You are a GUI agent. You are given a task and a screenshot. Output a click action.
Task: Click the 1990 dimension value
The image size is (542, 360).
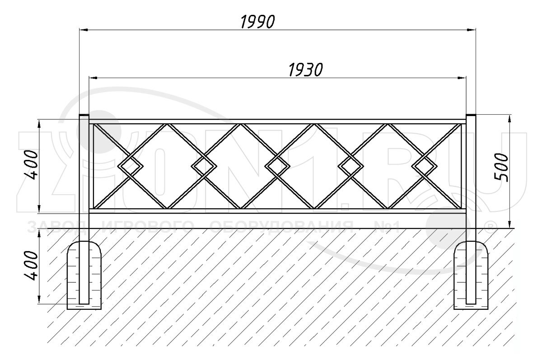pyautogui.click(x=257, y=21)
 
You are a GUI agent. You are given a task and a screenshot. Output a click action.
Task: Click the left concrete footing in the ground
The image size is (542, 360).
pyautogui.click(x=84, y=276)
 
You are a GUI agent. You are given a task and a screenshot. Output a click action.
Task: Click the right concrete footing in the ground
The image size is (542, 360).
pyautogui.click(x=471, y=276)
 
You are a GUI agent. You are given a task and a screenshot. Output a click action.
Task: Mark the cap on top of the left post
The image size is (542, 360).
pyautogui.click(x=84, y=116)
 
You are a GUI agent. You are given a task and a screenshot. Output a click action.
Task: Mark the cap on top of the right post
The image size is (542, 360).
pyautogui.click(x=471, y=116)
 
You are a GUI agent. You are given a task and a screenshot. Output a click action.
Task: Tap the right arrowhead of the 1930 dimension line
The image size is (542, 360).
pyautogui.click(x=463, y=78)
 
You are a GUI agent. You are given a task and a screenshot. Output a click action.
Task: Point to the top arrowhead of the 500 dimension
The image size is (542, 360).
pyautogui.click(x=510, y=118)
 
